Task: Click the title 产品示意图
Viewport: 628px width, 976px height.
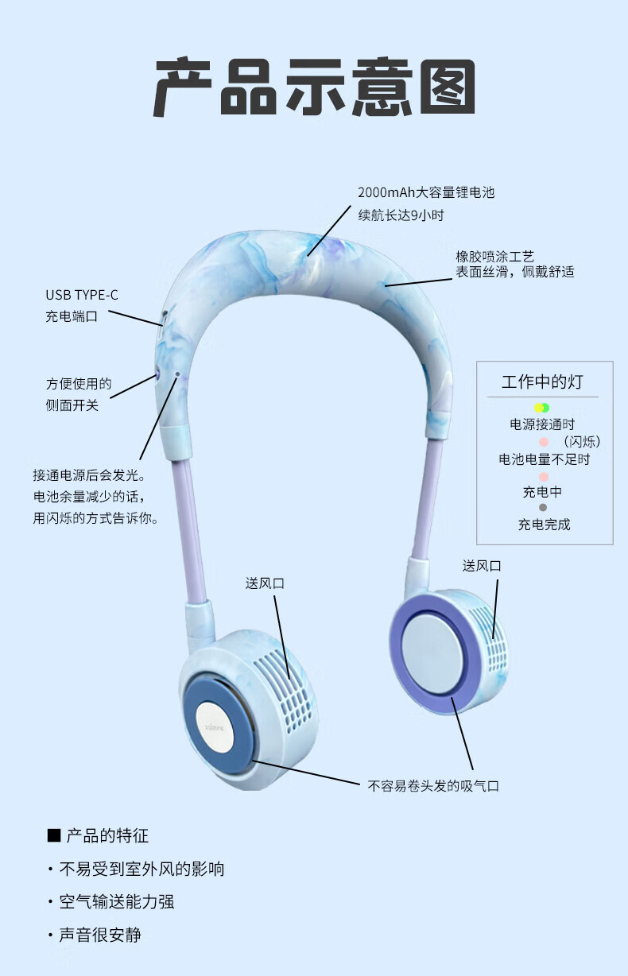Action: tap(314, 87)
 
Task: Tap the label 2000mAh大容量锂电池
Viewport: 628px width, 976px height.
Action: tap(426, 192)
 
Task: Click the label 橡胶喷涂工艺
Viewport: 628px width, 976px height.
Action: tap(494, 256)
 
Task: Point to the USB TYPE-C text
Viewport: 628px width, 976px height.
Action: tap(82, 295)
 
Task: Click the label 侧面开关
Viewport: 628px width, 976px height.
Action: tap(72, 405)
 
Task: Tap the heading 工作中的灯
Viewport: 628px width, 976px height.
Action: tap(542, 381)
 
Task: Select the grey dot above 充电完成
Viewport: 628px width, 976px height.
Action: tap(543, 507)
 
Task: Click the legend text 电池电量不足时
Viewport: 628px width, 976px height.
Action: tap(544, 459)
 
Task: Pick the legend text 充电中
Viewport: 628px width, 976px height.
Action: tap(542, 492)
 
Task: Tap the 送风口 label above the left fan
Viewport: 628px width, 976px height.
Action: tap(265, 583)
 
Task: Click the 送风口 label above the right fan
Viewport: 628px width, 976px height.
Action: tap(482, 566)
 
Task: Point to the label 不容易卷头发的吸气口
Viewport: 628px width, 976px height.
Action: tap(433, 785)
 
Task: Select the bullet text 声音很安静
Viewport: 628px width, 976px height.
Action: tap(100, 935)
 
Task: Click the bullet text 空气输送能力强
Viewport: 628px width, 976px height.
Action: tap(116, 901)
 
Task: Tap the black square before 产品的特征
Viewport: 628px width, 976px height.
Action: tap(54, 835)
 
